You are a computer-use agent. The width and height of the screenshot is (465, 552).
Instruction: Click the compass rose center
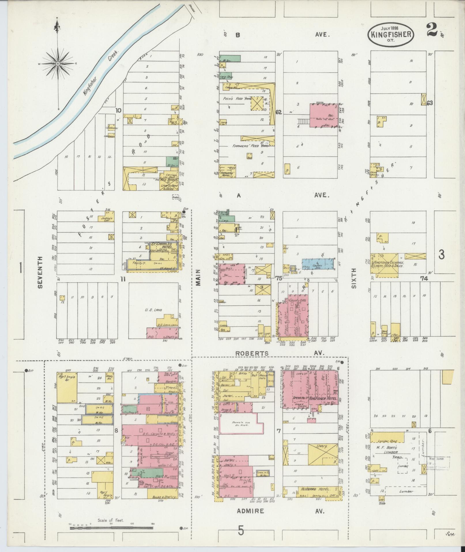[58, 63]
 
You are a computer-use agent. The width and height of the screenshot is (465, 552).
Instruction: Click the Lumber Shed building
[387, 441]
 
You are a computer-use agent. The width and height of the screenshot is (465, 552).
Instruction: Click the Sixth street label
[354, 278]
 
